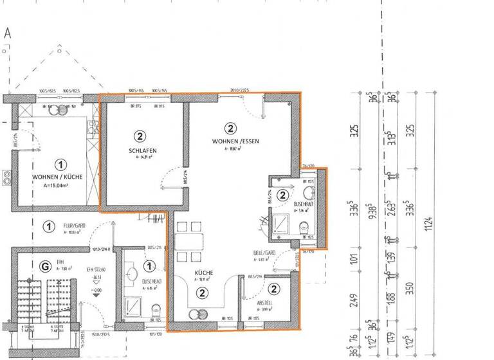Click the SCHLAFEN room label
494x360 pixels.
coord(143,151)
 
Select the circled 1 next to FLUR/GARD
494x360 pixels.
coord(48,226)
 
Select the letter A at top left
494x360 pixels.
coord(8,33)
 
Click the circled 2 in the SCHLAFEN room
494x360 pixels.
coord(139,136)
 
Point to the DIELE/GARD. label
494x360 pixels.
coord(264,253)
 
